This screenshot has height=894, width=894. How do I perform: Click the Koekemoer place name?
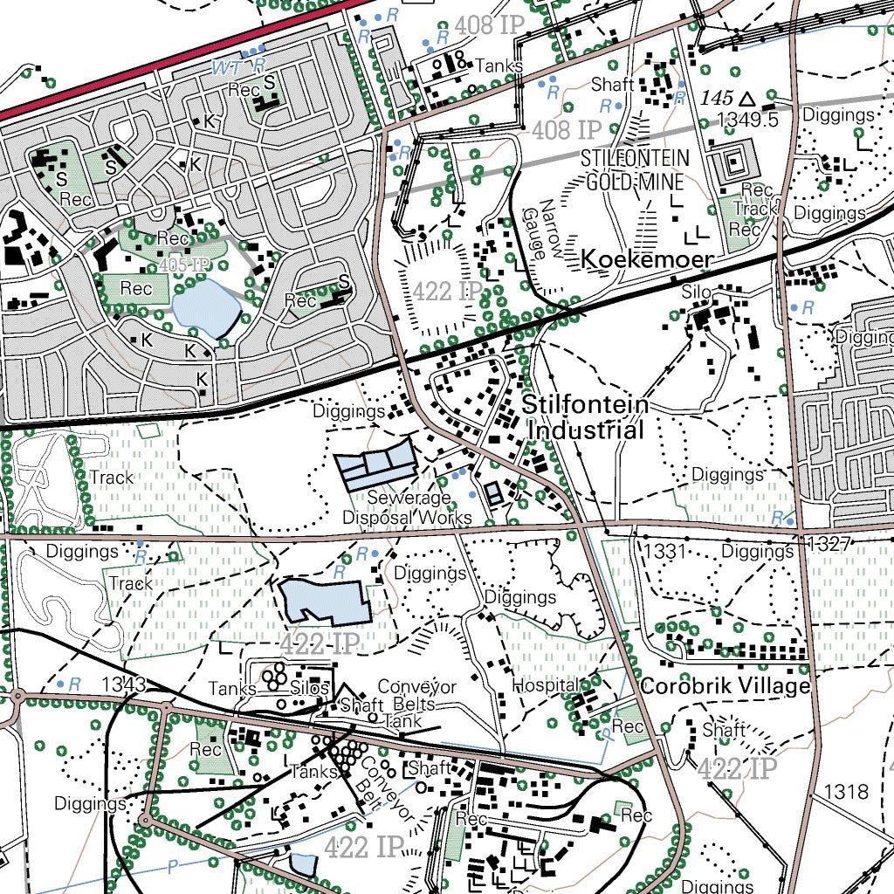click(x=647, y=259)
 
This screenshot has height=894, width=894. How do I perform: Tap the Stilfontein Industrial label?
click(x=586, y=418)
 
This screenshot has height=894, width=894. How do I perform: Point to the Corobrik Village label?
click(x=725, y=686)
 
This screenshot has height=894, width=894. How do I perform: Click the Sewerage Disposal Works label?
click(x=406, y=507)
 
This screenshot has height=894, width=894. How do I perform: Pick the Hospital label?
click(x=544, y=684)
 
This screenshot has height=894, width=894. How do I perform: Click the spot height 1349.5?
click(x=746, y=120)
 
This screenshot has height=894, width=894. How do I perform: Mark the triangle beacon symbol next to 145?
click(x=746, y=98)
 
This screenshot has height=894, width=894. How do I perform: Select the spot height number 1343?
click(x=123, y=683)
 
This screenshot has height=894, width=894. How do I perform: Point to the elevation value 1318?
click(x=846, y=792)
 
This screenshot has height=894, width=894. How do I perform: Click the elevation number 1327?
click(x=829, y=544)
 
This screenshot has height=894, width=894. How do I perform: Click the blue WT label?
click(x=225, y=66)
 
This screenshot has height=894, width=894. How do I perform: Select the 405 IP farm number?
click(x=185, y=265)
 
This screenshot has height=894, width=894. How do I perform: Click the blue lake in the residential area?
click(x=206, y=310)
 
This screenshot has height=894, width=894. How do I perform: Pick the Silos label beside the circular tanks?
click(x=310, y=689)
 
